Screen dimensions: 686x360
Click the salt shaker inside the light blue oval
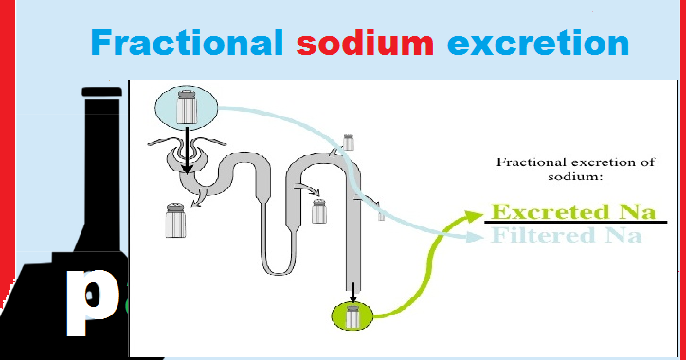(187, 105)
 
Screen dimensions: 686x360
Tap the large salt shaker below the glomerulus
(176, 220)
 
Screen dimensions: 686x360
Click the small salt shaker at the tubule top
(348, 142)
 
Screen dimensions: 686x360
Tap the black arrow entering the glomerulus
(188, 153)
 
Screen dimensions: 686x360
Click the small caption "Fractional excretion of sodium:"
(575, 169)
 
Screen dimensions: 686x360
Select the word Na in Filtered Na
(622, 235)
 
